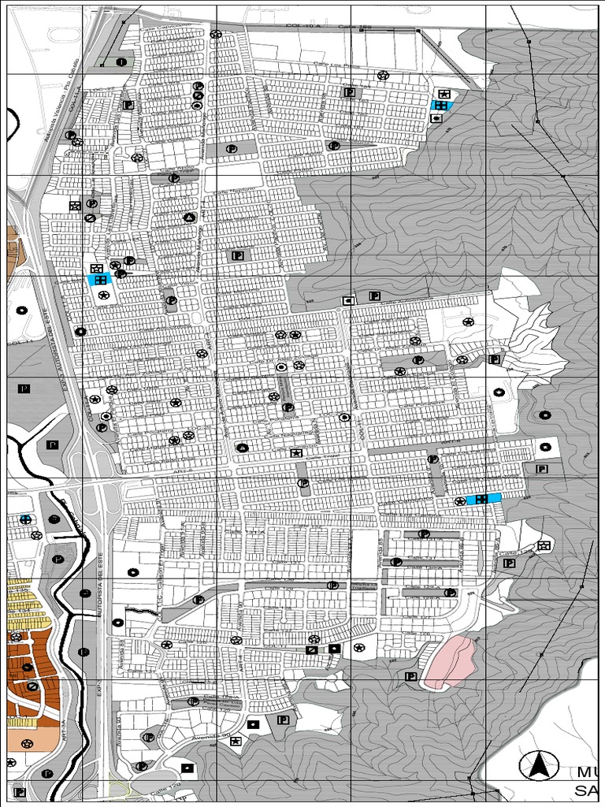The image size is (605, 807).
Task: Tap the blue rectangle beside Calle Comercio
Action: (484, 499)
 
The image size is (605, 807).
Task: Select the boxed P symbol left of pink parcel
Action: (410, 676)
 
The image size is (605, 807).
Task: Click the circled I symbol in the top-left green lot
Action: (121, 61)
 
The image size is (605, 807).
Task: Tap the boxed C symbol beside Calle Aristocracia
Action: (347, 300)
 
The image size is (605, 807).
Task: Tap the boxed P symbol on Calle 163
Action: (348, 91)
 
